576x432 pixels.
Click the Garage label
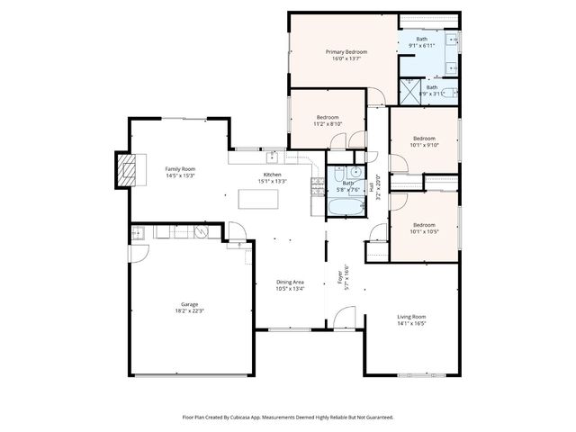click(189, 304)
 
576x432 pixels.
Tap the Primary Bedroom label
click(346, 52)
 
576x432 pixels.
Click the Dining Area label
click(290, 283)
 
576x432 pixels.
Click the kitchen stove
click(317, 186)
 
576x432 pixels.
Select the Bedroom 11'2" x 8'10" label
click(328, 118)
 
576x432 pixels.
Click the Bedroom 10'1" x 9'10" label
click(423, 139)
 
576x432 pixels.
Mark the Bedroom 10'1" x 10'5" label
click(423, 225)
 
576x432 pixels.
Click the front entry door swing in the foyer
click(343, 317)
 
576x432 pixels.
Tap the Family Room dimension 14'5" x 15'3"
click(180, 175)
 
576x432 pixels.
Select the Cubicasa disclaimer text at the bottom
click(288, 417)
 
